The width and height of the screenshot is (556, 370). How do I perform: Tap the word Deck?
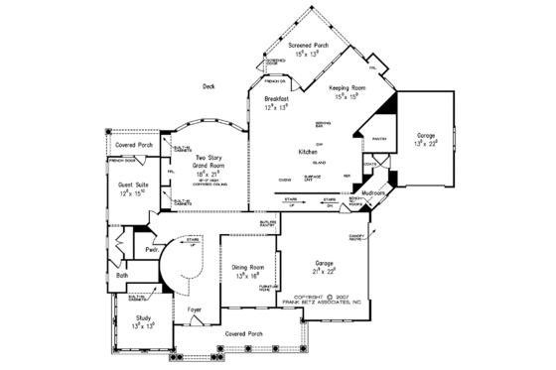(209, 86)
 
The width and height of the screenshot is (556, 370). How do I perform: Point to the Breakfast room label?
(277, 100)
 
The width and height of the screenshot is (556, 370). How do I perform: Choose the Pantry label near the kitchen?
(379, 139)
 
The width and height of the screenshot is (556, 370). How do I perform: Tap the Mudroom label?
(374, 191)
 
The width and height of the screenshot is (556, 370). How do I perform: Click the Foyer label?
(196, 309)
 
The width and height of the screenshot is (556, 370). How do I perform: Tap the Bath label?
(122, 275)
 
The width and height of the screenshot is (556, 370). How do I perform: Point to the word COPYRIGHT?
(306, 296)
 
